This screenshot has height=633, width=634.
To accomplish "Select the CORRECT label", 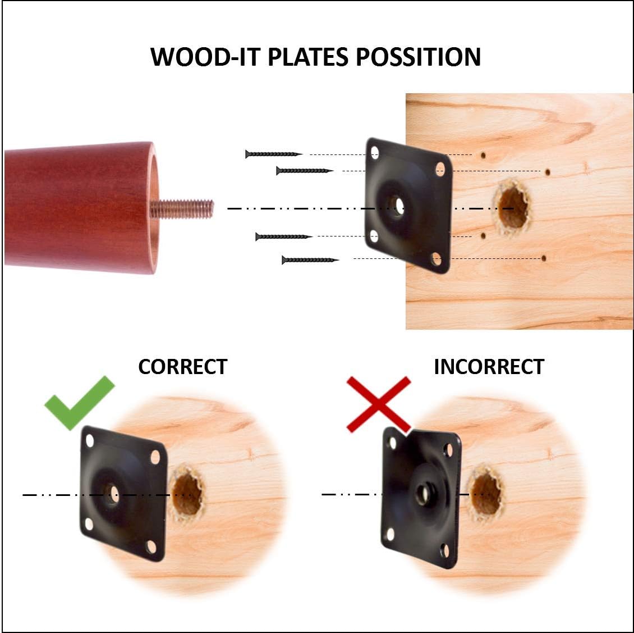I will coord(182,367).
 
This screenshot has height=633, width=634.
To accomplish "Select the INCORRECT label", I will coord(489,367).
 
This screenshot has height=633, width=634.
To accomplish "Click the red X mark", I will coord(379,403).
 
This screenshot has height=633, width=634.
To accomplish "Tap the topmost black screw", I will coord(274,154).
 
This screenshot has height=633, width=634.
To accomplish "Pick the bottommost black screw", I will coord(310,259).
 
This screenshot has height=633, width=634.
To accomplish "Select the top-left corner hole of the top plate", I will coord(375,152).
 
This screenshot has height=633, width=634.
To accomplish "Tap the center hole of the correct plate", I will coord(114,494).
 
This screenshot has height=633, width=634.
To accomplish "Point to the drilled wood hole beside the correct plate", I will coord(187,493).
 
